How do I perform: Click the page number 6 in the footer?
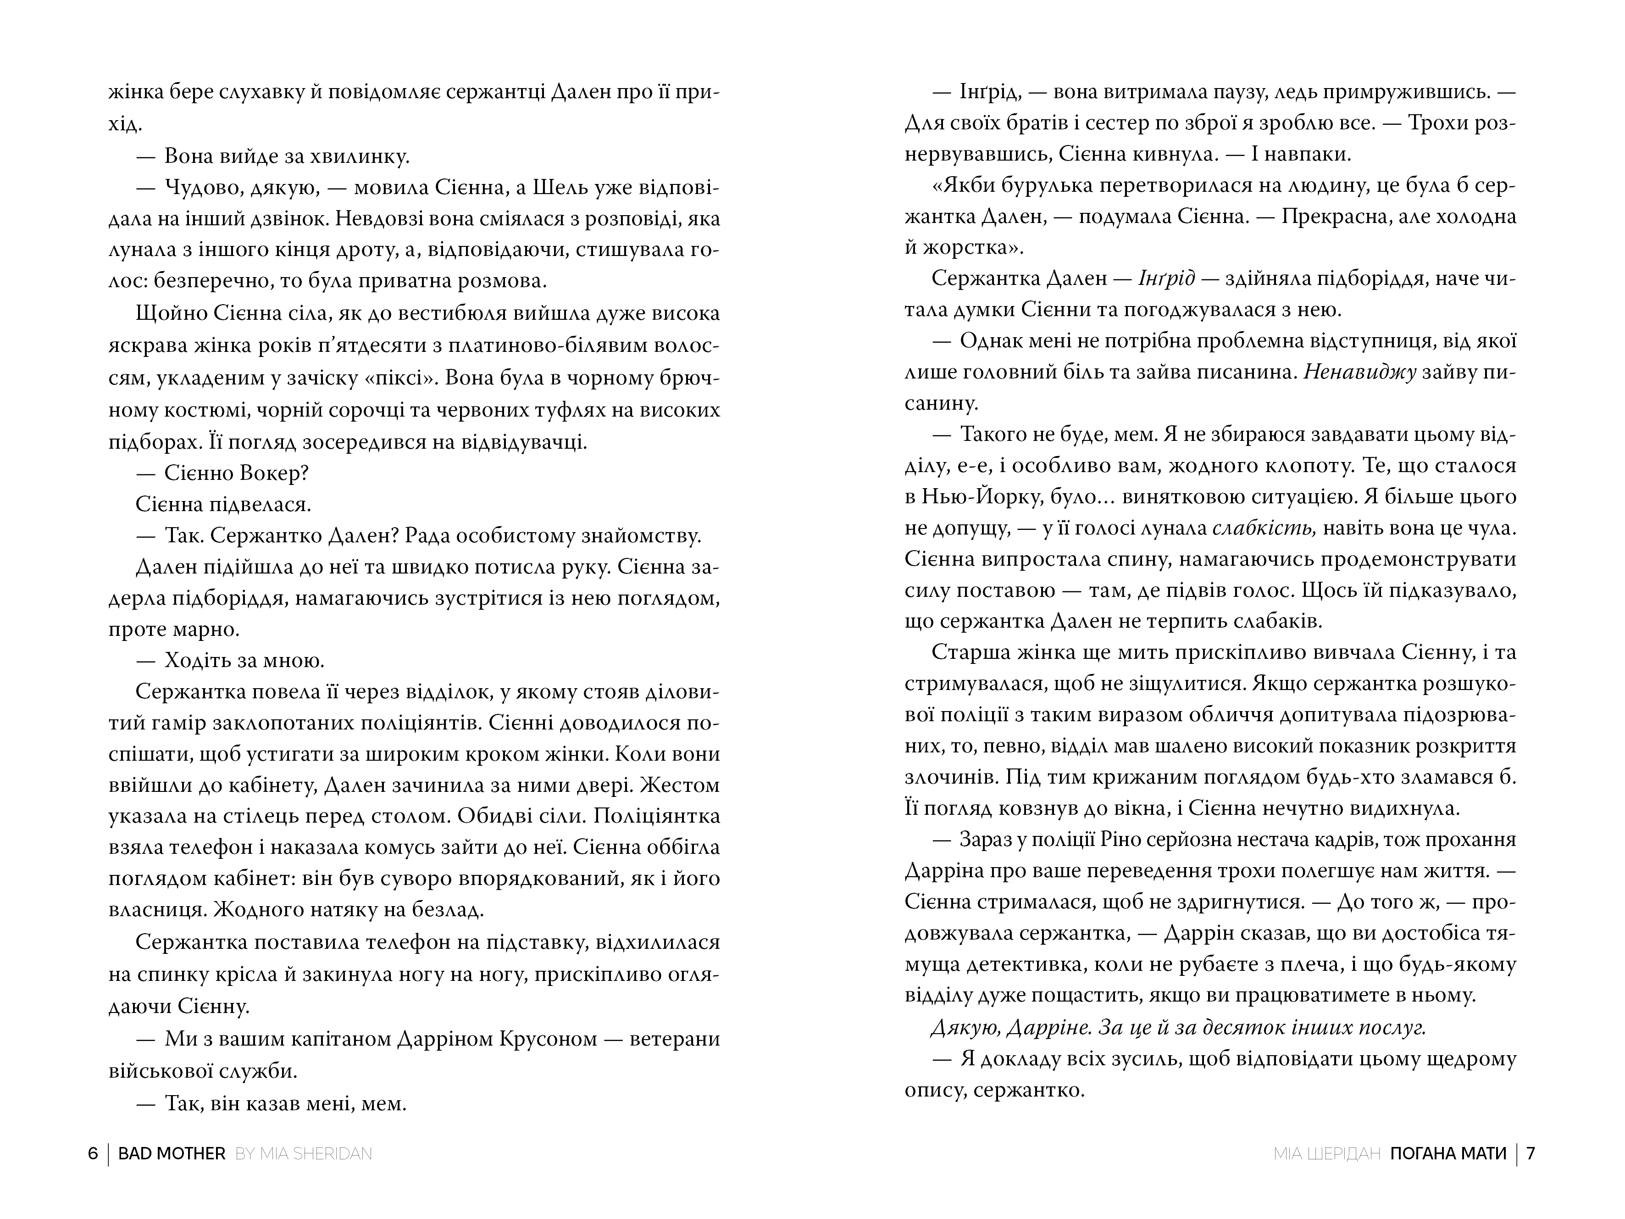coord(93,1153)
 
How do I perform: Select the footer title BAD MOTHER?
coord(172,1153)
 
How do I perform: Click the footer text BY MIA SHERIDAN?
coord(304,1153)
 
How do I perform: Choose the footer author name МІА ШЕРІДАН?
coord(1327,1153)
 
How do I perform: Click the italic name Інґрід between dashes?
coord(1167,278)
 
